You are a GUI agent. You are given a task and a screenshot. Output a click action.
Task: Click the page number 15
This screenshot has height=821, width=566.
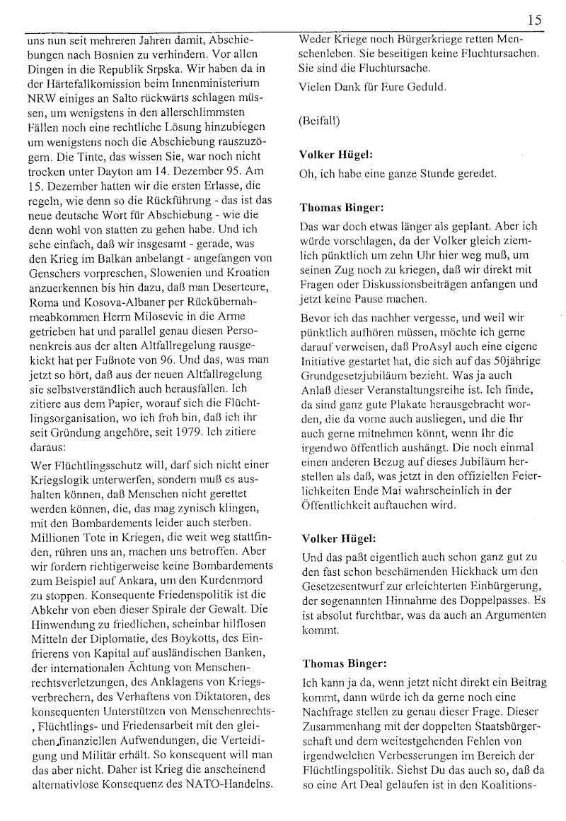534,20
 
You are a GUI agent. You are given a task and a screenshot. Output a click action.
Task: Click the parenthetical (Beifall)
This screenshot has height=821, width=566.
320,121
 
